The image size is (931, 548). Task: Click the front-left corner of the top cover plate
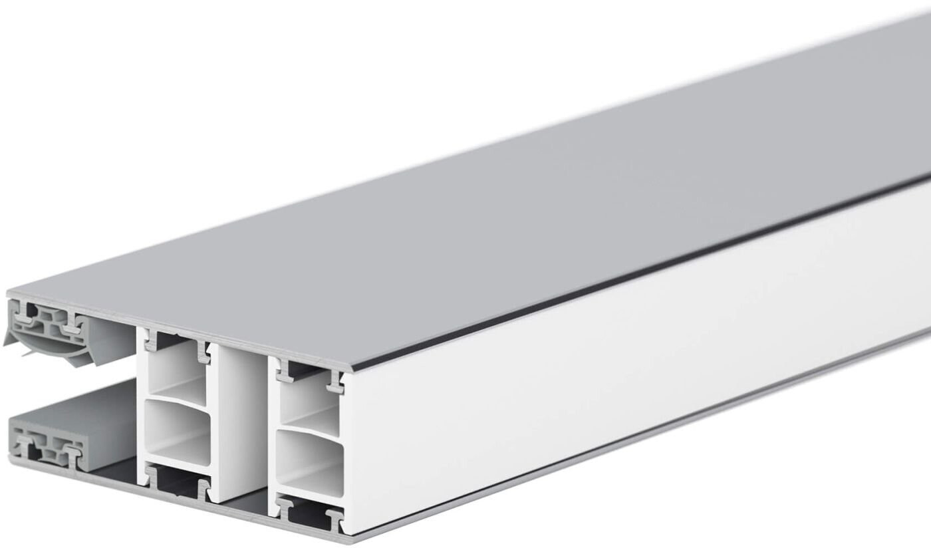tap(9, 294)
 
